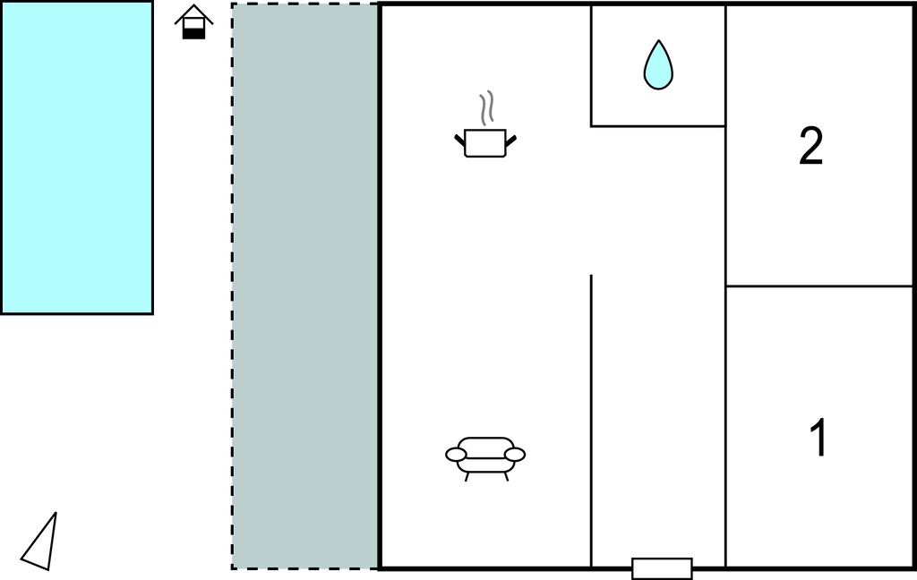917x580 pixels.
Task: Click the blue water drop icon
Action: (x=658, y=65)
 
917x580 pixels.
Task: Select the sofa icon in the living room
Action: (x=485, y=458)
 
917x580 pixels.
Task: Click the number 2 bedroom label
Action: (x=811, y=146)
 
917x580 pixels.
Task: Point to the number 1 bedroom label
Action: (x=819, y=438)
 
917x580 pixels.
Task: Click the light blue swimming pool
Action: (x=77, y=158)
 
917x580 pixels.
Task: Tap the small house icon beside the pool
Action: (x=194, y=22)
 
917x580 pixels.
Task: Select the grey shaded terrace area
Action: (x=304, y=286)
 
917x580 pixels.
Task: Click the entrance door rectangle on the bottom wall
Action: (x=662, y=569)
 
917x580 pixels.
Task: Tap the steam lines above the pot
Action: (x=486, y=107)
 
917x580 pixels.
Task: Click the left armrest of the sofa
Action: (x=456, y=455)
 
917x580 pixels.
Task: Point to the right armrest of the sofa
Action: (x=515, y=455)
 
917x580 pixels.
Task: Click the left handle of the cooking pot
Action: (x=459, y=141)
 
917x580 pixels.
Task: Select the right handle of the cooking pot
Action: (x=511, y=141)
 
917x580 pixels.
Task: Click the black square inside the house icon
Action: (x=194, y=33)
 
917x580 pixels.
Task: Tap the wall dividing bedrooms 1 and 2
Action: (x=819, y=286)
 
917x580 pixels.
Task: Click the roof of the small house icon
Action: (x=194, y=14)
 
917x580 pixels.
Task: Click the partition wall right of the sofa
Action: (x=591, y=421)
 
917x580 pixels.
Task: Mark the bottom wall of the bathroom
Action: (x=658, y=125)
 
